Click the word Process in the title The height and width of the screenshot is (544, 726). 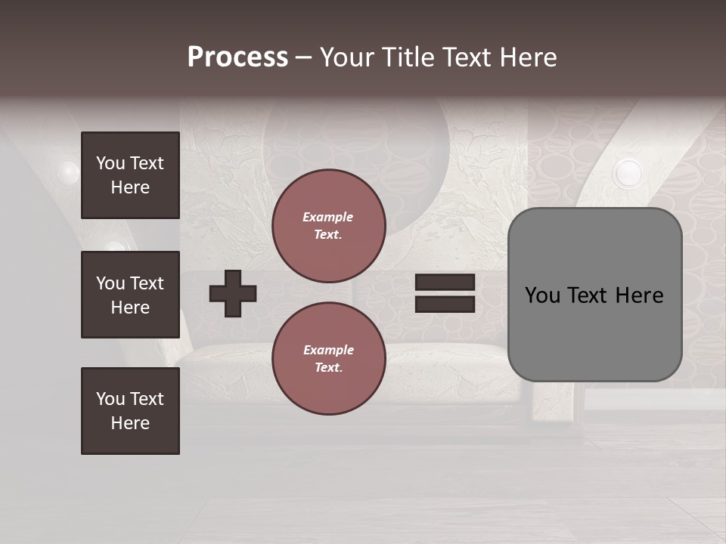(x=237, y=57)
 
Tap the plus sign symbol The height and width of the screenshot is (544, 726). (x=233, y=293)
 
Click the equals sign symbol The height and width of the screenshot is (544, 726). (x=445, y=293)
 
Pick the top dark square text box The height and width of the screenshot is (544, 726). (x=130, y=175)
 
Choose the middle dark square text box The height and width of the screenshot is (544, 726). (x=130, y=295)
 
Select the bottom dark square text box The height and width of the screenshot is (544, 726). (x=130, y=411)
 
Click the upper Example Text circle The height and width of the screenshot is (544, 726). (x=328, y=226)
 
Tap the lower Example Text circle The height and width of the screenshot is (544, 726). (x=328, y=359)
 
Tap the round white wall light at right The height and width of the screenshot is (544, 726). (x=627, y=173)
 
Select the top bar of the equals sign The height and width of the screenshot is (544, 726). (x=445, y=283)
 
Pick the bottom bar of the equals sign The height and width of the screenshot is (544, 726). (x=445, y=304)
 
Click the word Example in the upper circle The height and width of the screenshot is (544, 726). (x=328, y=217)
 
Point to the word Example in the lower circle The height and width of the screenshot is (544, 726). (x=328, y=350)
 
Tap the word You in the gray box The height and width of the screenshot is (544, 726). (x=542, y=295)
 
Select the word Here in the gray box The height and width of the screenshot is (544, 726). (x=639, y=295)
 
